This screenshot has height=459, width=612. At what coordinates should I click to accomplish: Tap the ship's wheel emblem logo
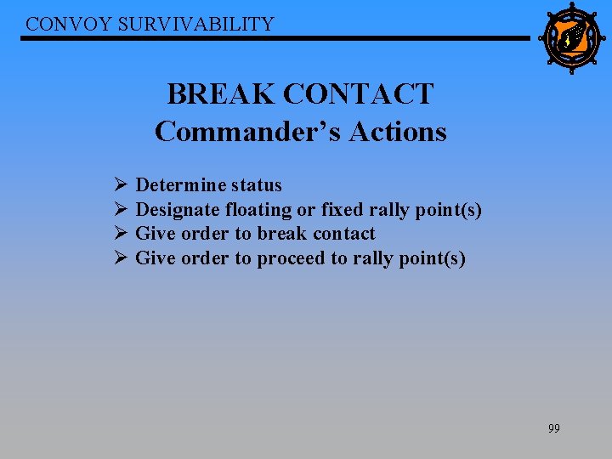pos(569,38)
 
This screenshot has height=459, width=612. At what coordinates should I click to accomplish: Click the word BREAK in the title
pos(220,93)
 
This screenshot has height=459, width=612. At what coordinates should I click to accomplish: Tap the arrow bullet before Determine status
pos(120,185)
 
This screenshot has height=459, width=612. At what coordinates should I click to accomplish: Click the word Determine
pos(181,185)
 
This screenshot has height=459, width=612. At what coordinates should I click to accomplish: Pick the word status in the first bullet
pos(256,185)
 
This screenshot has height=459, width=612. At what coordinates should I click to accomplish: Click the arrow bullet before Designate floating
pos(120,209)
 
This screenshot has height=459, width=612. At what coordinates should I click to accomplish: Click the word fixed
pos(342,209)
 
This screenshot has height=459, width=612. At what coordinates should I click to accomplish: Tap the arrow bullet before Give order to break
pos(120,234)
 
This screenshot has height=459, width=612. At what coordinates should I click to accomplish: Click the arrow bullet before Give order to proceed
pos(120,258)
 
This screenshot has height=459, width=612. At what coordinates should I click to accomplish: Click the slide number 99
pos(553,428)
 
